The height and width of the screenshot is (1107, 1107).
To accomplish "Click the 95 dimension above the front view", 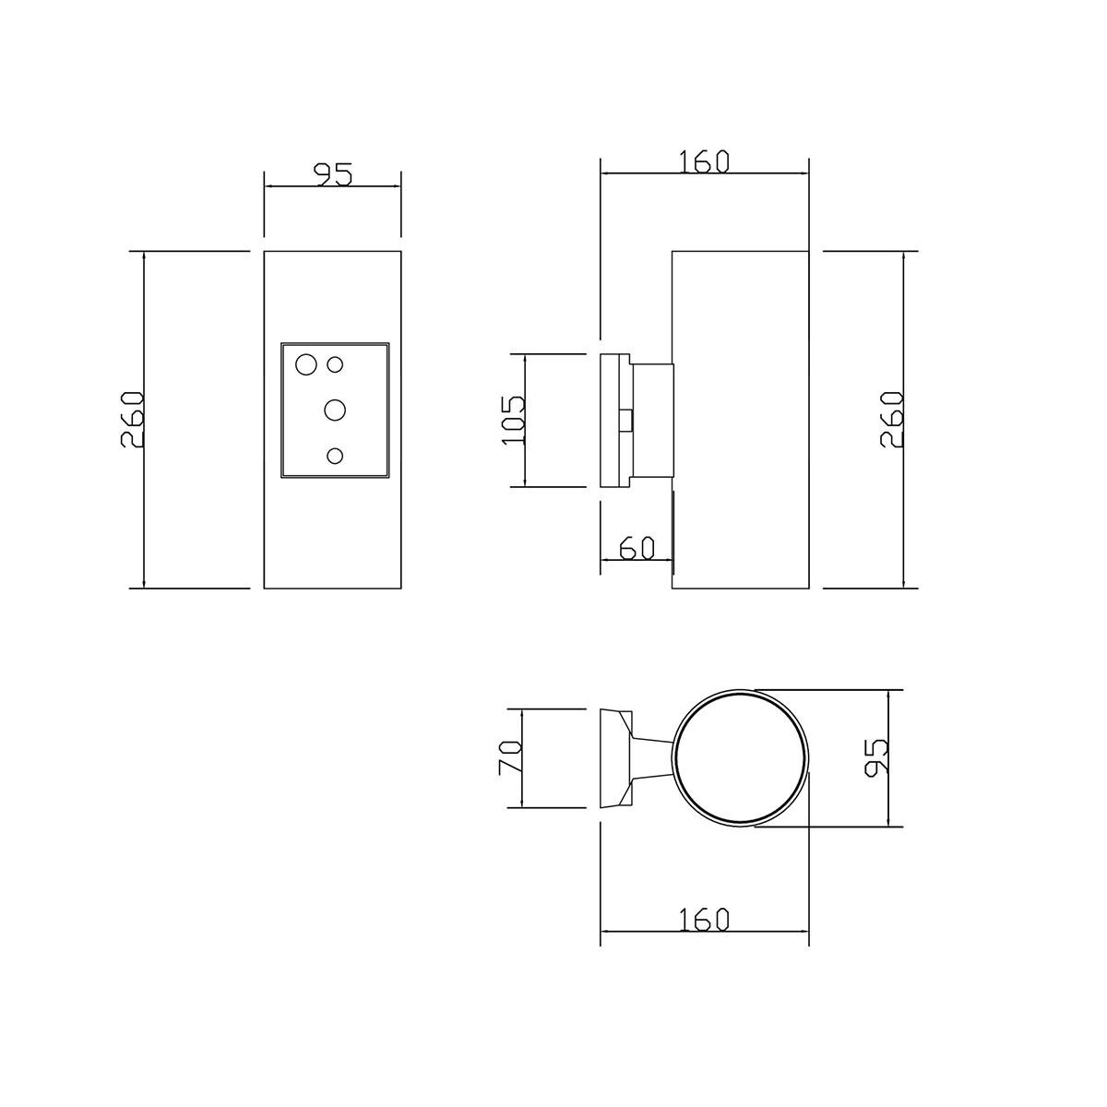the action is tap(334, 175).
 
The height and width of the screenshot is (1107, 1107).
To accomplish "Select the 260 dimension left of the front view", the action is tap(132, 420).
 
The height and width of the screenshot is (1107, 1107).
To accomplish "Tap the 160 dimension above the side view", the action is tap(704, 161).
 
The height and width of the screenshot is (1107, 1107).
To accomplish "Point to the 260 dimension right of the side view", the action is tap(891, 420).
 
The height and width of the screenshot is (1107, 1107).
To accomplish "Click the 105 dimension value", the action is tap(514, 420).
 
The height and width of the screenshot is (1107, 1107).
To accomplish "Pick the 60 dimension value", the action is tap(637, 548).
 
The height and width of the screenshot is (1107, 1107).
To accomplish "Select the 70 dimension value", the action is tap(510, 757).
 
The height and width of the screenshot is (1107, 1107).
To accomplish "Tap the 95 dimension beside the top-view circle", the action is tap(876, 758).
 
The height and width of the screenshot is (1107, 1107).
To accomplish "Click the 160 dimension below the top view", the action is tap(704, 920).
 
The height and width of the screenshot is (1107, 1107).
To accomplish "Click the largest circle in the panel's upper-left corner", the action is tap(305, 364).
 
